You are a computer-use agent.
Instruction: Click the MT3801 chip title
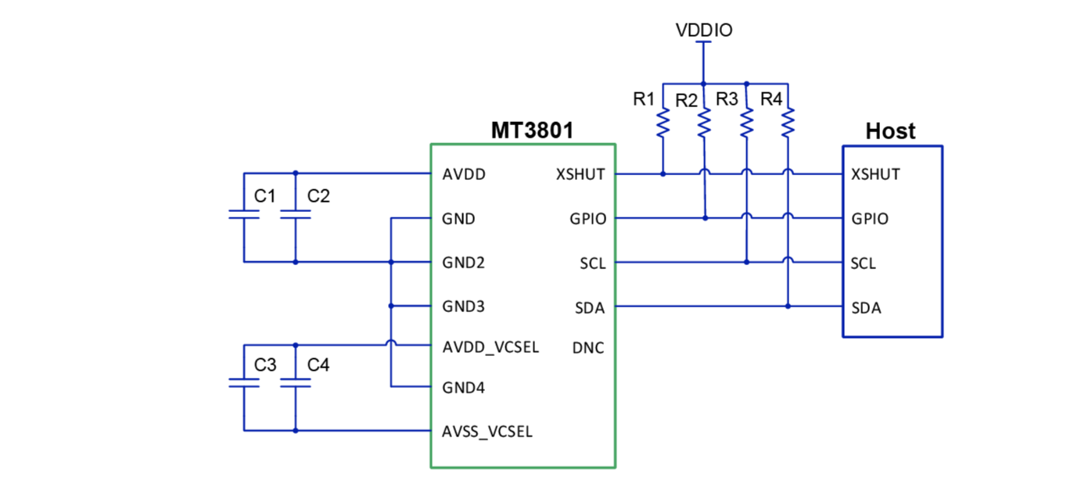pos(531,130)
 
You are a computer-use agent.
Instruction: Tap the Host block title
pos(890,131)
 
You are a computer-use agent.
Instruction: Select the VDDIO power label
pos(704,30)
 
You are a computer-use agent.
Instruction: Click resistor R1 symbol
pos(663,122)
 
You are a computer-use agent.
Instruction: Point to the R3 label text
pos(727,99)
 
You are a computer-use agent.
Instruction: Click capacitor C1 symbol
pos(244,214)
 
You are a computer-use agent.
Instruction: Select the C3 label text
pos(265,364)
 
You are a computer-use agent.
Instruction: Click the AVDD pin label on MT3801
pos(464,174)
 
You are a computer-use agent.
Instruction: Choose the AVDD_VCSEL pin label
pos(490,347)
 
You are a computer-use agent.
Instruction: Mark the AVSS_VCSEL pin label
pos(487,431)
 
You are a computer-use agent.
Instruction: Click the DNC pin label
pos(588,349)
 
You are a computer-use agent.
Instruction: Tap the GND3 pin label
pos(464,306)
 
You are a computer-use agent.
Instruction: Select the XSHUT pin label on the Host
pos(875,174)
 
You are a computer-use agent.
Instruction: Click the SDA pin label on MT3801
pos(590,308)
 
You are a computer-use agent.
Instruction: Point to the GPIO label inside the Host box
pos(870,219)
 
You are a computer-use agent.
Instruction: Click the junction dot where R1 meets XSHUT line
pos(663,174)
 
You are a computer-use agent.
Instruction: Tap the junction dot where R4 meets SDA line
pos(788,307)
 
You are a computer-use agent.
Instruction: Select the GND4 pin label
pos(464,387)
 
